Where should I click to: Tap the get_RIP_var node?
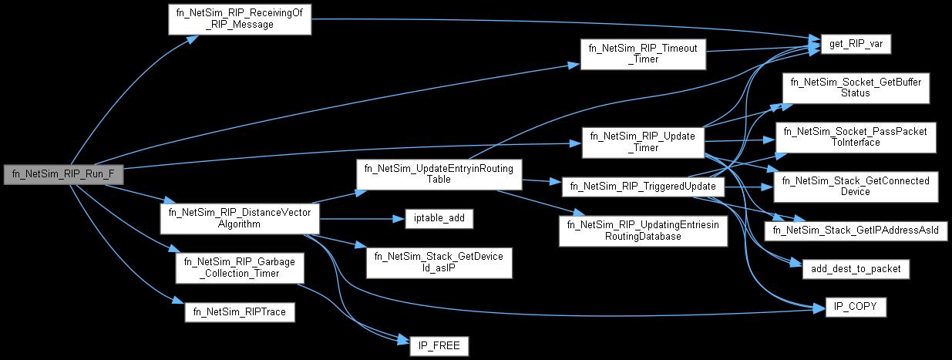coord(850,45)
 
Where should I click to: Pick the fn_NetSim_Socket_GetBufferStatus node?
coord(855,87)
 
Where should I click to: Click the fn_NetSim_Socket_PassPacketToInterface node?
coord(855,136)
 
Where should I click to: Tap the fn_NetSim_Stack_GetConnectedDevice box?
coord(855,186)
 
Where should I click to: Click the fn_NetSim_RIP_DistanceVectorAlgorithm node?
coord(239,218)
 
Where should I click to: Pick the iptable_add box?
coord(439,219)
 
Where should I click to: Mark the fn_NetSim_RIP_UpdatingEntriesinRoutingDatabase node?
coord(643,230)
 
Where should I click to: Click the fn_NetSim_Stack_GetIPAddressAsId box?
coord(855,231)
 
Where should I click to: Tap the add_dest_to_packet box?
coord(855,269)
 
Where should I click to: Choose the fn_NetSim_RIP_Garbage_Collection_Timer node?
coord(239,268)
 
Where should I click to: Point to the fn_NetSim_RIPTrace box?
coord(239,311)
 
